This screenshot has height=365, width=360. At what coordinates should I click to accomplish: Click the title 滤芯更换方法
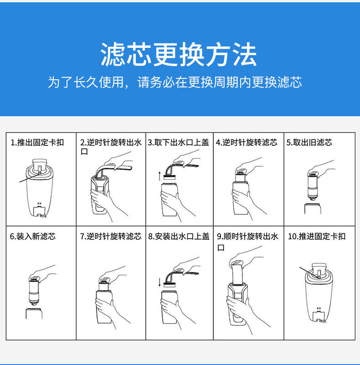[x=179, y=54]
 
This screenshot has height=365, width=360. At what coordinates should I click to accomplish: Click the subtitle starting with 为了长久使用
[x=175, y=82]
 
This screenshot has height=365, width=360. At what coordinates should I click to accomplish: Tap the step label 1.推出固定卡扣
[x=37, y=142]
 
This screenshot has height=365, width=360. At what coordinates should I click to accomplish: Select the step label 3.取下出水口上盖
[x=178, y=142]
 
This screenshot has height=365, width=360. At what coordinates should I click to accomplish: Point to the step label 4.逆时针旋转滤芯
[x=247, y=142]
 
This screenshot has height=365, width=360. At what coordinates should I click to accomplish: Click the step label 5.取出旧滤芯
[x=309, y=142]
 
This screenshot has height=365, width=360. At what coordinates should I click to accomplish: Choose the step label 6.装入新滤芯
[x=33, y=236]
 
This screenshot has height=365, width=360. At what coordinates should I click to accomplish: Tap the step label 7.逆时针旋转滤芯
[x=111, y=236]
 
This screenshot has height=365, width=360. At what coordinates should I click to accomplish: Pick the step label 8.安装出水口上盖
[x=179, y=236]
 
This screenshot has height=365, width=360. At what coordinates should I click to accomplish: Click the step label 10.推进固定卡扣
[x=317, y=236]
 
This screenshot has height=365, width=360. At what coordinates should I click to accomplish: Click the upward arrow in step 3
[x=159, y=176]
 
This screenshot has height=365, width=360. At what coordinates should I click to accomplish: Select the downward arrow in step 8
[x=159, y=282]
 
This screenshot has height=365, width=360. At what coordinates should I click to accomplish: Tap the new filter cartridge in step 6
[x=34, y=291]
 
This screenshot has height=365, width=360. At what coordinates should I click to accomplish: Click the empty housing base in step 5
[x=313, y=209]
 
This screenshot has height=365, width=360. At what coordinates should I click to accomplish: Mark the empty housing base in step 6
[x=34, y=314]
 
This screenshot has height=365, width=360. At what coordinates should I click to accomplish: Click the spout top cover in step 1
[x=40, y=165]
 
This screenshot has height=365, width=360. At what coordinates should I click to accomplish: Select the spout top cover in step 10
[x=319, y=270]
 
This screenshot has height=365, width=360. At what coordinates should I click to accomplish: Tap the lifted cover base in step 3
[x=170, y=177]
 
